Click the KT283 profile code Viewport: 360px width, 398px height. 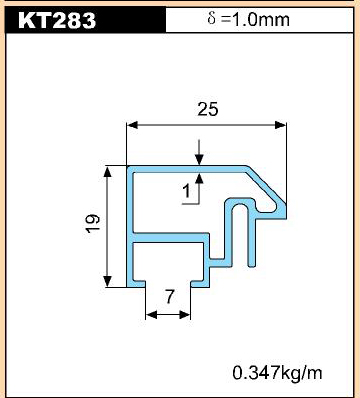[x=57, y=20]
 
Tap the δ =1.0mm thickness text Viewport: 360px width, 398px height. [x=248, y=19]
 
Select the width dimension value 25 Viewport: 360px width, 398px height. [x=208, y=109]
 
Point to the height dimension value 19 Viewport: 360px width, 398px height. [x=92, y=223]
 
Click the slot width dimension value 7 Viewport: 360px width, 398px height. [x=170, y=297]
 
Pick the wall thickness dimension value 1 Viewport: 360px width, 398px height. [x=187, y=191]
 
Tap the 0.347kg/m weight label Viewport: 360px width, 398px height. [x=277, y=373]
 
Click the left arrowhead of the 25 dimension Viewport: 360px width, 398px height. [x=132, y=125]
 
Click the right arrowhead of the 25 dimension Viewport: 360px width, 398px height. [x=280, y=125]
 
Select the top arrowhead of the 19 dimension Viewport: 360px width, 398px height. [x=107, y=172]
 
